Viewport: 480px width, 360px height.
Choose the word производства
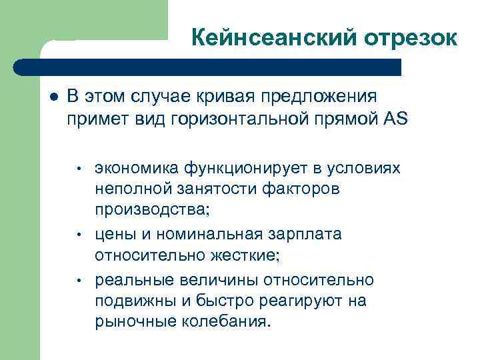click(x=151, y=211)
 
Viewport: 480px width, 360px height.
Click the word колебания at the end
click(x=227, y=324)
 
